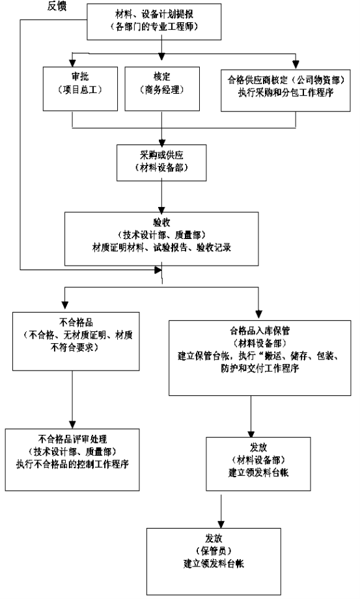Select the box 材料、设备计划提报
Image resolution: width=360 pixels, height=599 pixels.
point(154,21)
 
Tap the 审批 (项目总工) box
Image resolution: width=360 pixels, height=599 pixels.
point(80,89)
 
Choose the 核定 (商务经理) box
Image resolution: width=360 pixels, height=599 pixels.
point(162,89)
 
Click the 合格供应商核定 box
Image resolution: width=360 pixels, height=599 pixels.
point(286,90)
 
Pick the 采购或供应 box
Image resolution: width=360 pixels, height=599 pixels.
point(161,162)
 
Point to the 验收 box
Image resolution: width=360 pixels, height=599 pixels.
point(161,239)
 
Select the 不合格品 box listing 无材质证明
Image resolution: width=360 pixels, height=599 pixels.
point(76,341)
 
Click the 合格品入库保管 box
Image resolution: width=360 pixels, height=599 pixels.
point(260,358)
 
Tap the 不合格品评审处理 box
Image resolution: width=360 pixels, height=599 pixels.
point(72,460)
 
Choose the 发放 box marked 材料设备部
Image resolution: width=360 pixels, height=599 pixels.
point(258,464)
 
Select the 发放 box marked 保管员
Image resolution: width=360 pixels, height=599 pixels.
point(214,561)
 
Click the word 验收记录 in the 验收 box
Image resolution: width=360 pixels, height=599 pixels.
point(214,247)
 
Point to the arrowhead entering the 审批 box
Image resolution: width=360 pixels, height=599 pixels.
point(72,63)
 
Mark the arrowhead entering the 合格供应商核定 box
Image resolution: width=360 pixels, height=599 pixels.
point(296,65)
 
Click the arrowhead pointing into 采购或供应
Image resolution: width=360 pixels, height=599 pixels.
point(161,141)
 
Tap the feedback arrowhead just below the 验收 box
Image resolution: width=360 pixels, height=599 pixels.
point(158,270)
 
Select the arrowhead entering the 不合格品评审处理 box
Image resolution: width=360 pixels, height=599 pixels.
point(72,425)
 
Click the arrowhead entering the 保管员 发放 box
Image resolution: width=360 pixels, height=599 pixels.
point(221,524)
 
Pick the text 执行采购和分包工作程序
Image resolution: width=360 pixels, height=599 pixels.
point(286,92)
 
